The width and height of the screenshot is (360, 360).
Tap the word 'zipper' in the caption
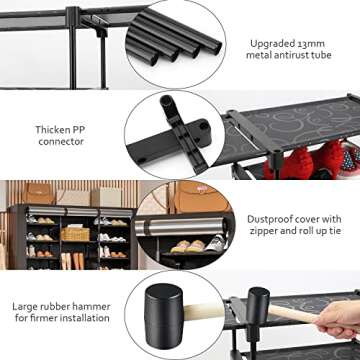[262, 231]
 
